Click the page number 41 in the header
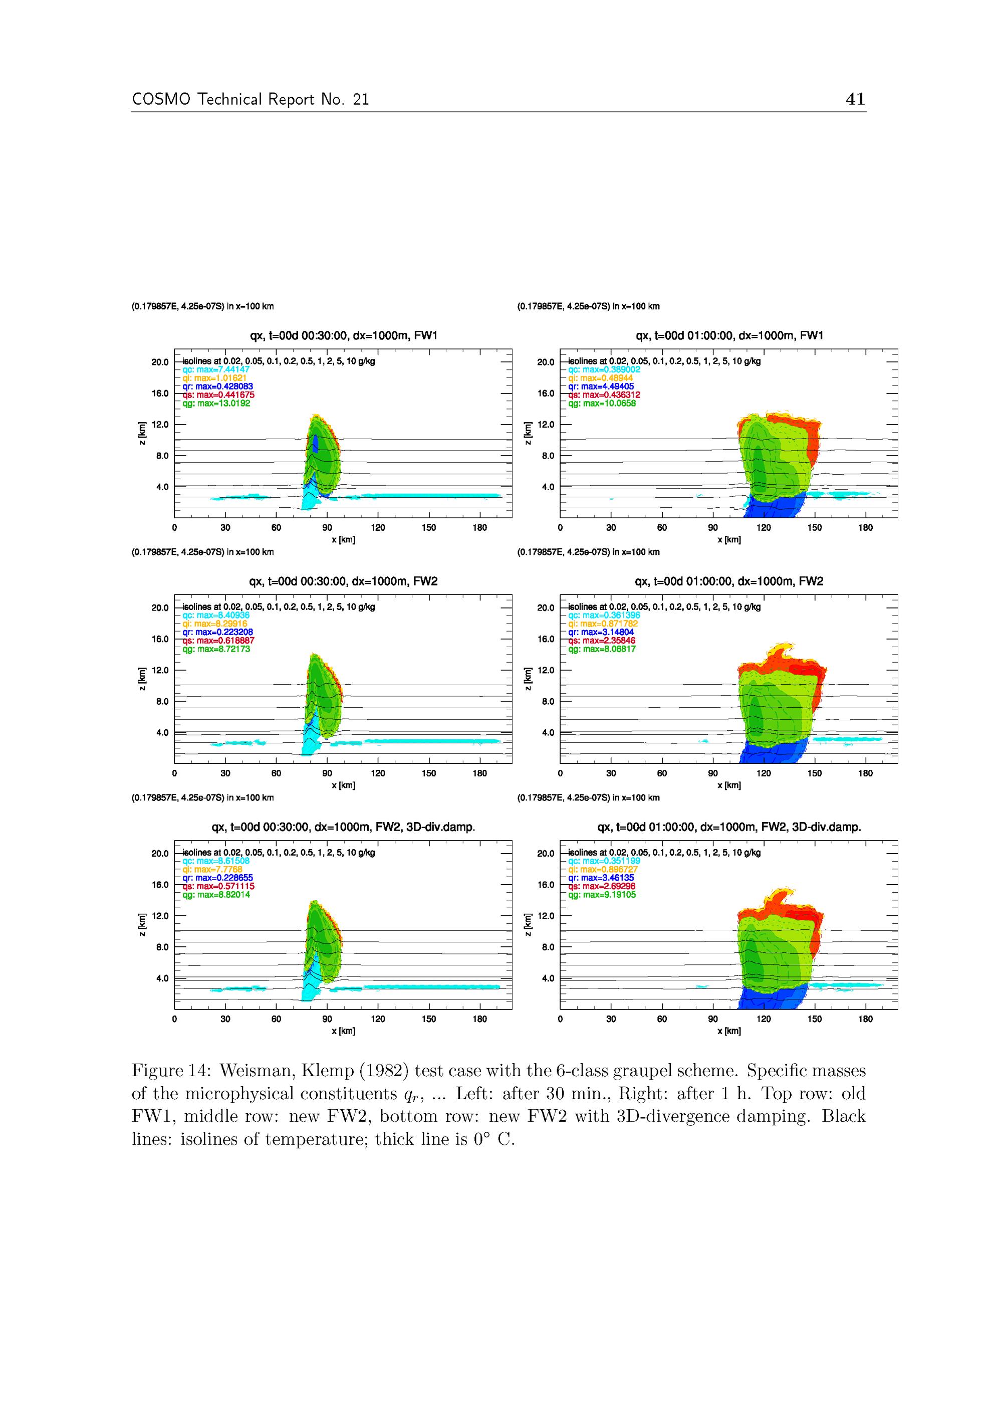coord(855,99)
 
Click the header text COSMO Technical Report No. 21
coord(250,100)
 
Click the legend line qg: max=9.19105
coord(602,895)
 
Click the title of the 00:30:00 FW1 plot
coord(343,336)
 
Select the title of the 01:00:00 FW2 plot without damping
coord(728,581)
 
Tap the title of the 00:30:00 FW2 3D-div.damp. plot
coord(343,827)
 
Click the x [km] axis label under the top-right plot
coord(728,540)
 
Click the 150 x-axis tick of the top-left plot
coord(429,528)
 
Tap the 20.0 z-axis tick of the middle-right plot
coord(546,608)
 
